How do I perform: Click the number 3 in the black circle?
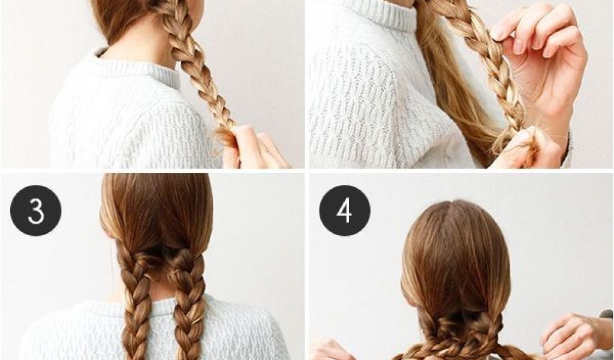(35, 211)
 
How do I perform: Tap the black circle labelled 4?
(345, 211)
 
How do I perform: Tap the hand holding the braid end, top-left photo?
(254, 148)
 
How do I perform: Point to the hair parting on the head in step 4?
(456, 220)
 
